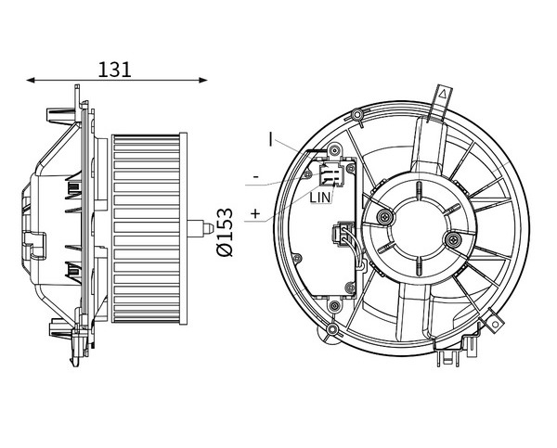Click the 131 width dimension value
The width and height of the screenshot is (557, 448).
(114, 70)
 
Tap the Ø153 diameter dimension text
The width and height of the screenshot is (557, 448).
(225, 232)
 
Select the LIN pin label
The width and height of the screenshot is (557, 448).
(319, 198)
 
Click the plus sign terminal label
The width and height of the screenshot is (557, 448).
(255, 213)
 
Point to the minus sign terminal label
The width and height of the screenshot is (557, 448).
(255, 176)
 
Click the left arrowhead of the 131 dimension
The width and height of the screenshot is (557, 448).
(31, 80)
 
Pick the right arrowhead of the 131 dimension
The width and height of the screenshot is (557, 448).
(203, 80)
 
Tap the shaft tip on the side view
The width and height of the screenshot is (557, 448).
(209, 228)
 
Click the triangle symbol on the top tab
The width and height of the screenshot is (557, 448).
(443, 94)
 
